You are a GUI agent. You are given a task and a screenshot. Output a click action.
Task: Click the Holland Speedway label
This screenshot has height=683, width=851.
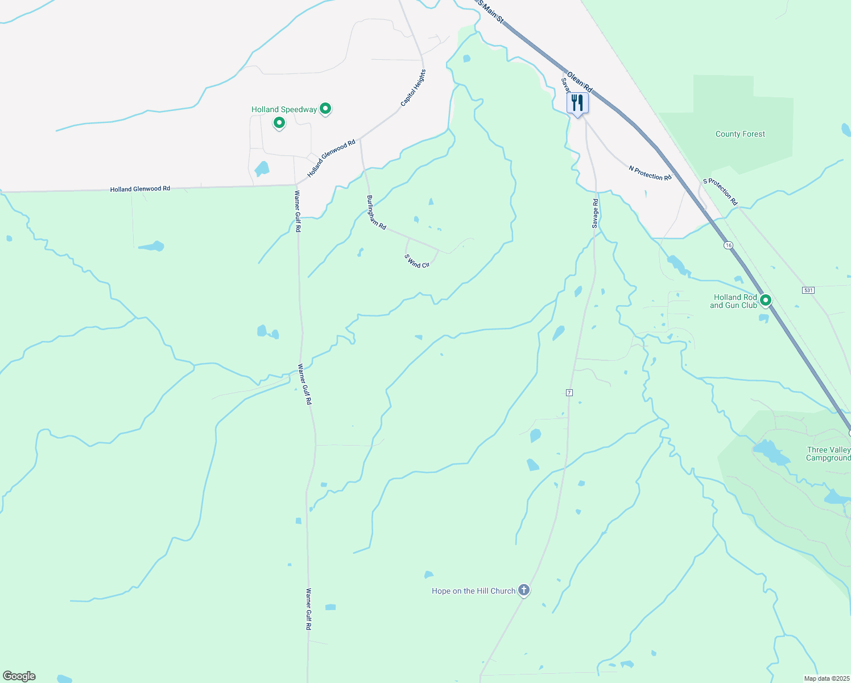coord(284,109)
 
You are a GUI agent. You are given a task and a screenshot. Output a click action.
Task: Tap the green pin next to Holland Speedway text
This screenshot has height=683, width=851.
coord(325,108)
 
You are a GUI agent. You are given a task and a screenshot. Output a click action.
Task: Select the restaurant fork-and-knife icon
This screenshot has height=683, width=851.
coord(577,103)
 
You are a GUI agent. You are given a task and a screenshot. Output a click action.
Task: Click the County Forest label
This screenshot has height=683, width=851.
coord(740,134)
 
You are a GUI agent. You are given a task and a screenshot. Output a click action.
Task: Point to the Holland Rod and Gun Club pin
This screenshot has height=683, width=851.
coord(766,300)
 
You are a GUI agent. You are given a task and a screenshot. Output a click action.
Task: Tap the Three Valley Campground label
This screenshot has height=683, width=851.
coord(828,454)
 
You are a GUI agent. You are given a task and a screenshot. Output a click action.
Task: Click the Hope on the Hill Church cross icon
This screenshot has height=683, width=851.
coord(524,590)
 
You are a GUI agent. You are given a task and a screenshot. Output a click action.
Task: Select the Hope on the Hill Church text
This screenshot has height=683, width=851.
coord(473,591)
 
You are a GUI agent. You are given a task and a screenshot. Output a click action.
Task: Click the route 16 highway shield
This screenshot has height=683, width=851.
coord(728,245)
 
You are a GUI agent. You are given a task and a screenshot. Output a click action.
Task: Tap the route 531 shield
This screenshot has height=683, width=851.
coord(808,290)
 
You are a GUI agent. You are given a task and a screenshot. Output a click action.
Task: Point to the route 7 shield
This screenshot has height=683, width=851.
coord(569,393)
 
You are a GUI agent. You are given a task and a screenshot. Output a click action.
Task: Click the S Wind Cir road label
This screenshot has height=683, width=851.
coord(417,261)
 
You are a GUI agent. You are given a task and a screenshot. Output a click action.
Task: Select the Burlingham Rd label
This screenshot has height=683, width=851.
coord(376,213)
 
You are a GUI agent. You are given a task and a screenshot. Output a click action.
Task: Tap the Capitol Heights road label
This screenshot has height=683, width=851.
coord(413,88)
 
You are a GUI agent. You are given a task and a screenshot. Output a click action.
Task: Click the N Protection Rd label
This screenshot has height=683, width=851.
coord(650,173)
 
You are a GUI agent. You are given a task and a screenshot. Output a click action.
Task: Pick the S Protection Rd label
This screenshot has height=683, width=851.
coord(720,192)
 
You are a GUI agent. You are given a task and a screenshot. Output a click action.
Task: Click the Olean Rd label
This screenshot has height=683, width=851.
coord(580,83)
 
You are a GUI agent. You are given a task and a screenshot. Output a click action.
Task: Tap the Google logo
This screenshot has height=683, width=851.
coord(19,676)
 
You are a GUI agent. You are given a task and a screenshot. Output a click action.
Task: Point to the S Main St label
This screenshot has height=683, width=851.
coord(491,11)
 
